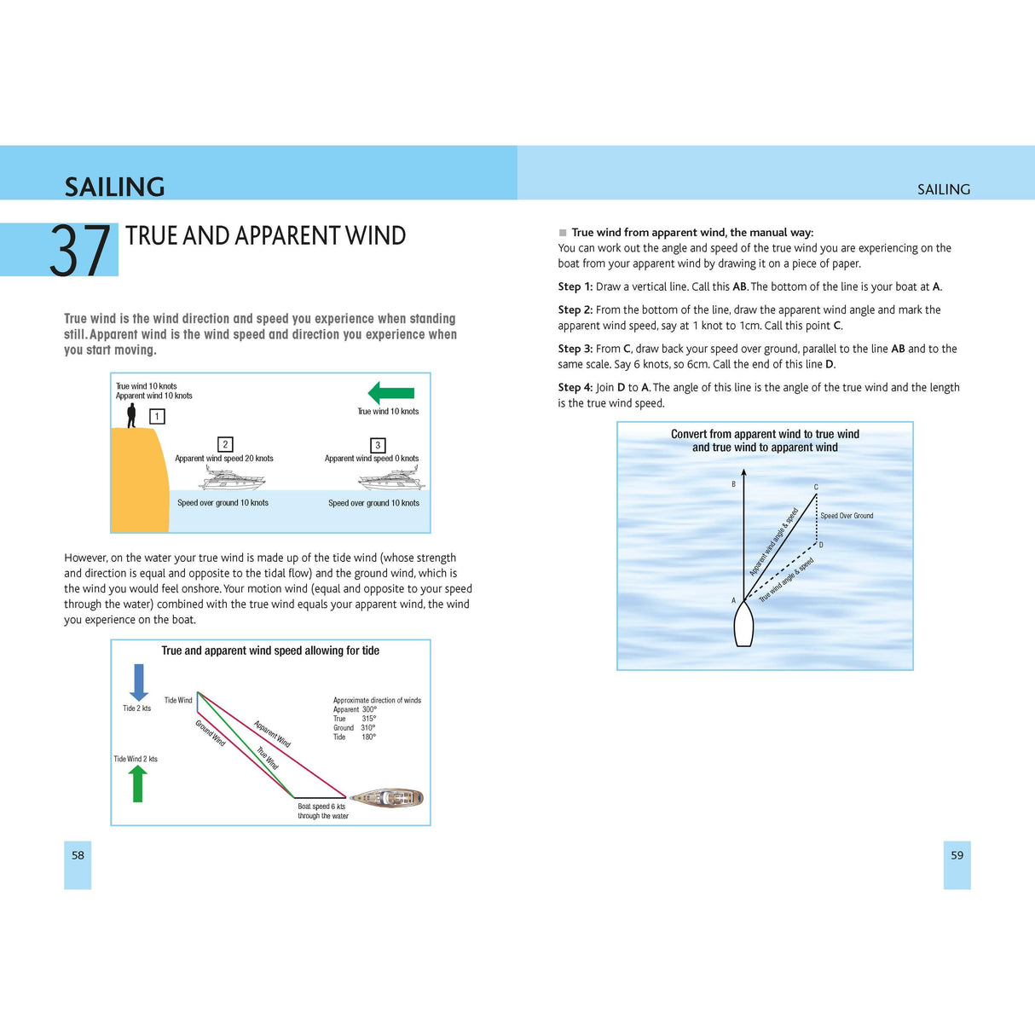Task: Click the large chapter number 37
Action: (80, 251)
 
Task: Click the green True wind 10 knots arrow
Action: (391, 393)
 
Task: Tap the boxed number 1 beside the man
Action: (157, 416)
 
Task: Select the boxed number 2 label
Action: (225, 444)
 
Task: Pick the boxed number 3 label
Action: (378, 445)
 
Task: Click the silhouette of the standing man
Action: (131, 415)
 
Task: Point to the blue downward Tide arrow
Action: (139, 683)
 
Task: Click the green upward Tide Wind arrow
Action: (137, 783)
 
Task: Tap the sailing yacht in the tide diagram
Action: (388, 798)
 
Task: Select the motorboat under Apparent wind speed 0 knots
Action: (391, 479)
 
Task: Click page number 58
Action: (78, 855)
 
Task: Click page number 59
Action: (957, 855)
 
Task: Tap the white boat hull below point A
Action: (743, 625)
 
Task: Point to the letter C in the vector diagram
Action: (816, 488)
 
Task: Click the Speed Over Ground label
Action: (847, 516)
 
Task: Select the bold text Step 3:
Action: (575, 349)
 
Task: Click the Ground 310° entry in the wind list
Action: (354, 728)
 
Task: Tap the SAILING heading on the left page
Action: (114, 187)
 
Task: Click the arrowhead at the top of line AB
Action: (743, 472)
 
